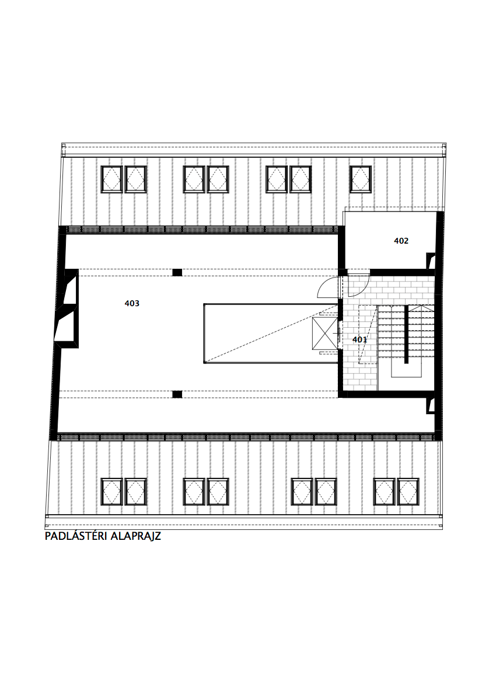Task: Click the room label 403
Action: [132, 303]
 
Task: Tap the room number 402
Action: [401, 241]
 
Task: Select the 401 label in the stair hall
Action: [360, 339]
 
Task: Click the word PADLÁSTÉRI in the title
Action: [76, 536]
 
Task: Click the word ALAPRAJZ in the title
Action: [136, 536]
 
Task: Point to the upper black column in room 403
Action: [177, 273]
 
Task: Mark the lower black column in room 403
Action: [177, 394]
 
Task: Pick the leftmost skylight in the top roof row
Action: [112, 179]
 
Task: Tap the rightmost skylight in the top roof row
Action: [361, 179]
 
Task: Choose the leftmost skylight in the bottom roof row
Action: [112, 492]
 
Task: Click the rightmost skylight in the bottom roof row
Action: [408, 492]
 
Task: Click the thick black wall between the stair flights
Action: [406, 335]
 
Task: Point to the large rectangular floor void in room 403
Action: [271, 333]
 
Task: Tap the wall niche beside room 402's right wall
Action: [431, 261]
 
